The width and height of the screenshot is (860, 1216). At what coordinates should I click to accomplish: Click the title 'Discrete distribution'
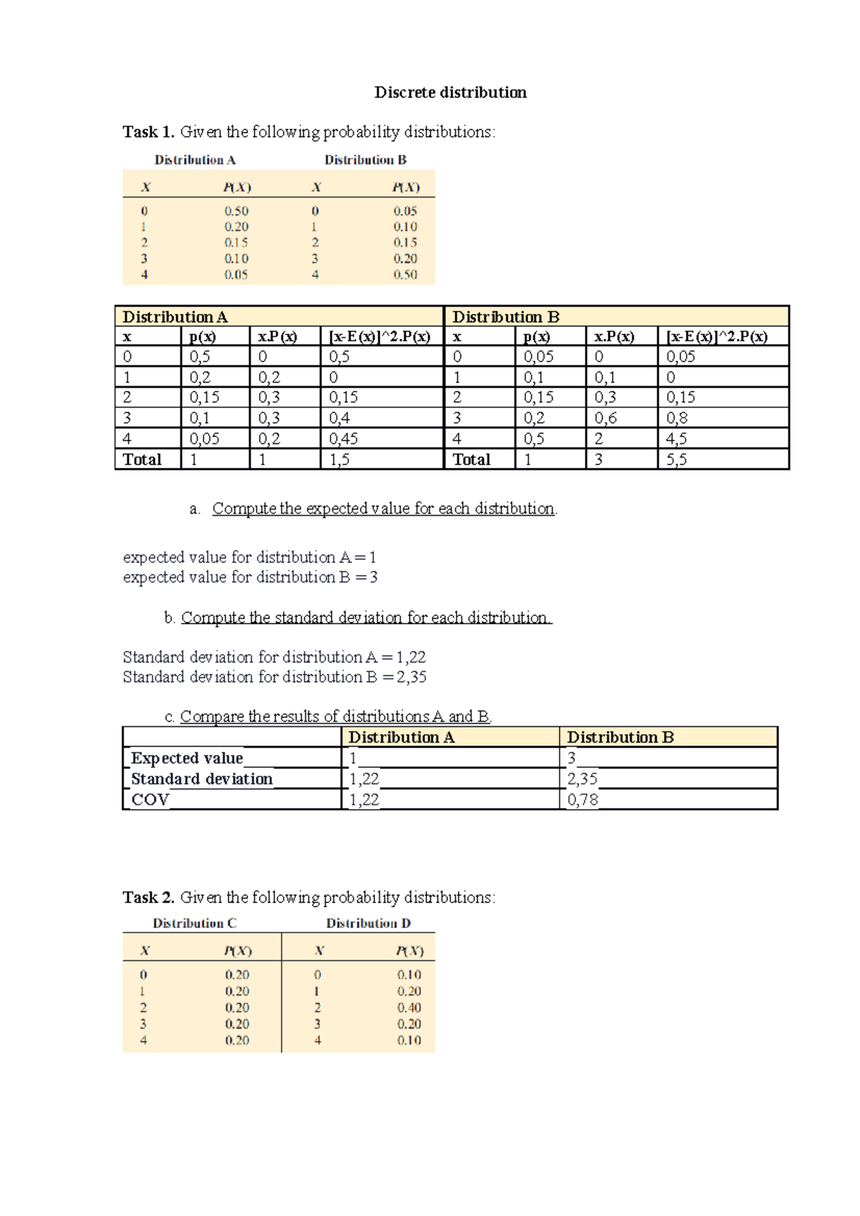[x=450, y=92]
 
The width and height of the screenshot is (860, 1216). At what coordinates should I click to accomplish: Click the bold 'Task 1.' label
[x=148, y=132]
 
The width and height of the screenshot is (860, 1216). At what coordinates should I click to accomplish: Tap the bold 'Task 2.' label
[x=148, y=897]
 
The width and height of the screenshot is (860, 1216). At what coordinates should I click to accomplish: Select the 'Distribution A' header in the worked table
[x=175, y=317]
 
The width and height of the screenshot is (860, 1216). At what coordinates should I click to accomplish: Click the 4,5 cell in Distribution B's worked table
[x=677, y=439]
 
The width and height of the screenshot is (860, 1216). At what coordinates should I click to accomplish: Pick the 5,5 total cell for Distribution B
[x=677, y=460]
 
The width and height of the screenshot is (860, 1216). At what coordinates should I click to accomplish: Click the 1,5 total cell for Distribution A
[x=340, y=460]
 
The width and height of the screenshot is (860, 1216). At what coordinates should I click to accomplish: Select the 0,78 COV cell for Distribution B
[x=583, y=800]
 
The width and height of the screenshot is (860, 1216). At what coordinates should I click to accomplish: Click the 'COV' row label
[x=150, y=800]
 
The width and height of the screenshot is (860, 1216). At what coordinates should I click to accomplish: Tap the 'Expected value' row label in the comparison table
[x=187, y=758]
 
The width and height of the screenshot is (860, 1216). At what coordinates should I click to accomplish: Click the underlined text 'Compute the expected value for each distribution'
[x=383, y=508]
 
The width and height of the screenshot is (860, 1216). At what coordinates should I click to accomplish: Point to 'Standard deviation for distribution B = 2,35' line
[x=274, y=677]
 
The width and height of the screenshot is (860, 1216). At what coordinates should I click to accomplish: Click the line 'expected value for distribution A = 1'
[x=249, y=557]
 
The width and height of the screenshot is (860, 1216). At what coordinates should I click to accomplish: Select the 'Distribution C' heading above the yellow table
[x=194, y=924]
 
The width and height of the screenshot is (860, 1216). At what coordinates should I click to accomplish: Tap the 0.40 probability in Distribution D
[x=409, y=1008]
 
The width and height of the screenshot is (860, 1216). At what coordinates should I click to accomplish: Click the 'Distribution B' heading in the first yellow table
[x=365, y=160]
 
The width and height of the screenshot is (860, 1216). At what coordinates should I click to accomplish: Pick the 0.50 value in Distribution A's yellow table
[x=236, y=211]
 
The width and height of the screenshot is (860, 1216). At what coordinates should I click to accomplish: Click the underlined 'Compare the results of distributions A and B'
[x=335, y=716]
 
